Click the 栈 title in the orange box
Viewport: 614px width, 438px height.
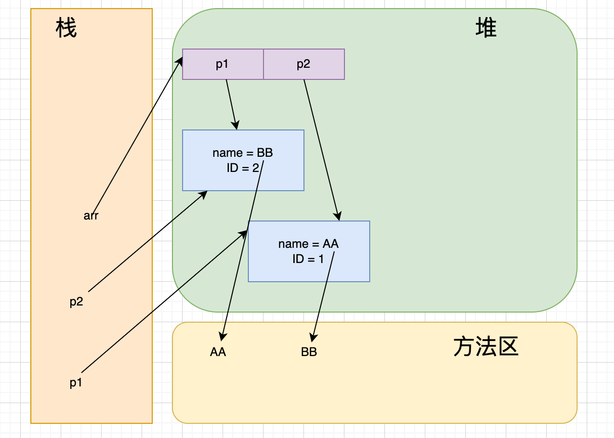(66, 29)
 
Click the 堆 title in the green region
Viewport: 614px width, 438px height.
(486, 29)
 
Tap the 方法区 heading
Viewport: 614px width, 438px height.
(486, 347)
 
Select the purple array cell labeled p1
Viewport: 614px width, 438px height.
(223, 64)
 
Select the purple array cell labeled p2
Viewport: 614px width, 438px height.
(303, 64)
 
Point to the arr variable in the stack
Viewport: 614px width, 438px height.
(91, 216)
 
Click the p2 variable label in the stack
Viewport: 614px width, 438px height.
(76, 302)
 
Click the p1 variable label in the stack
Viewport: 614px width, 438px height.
(76, 383)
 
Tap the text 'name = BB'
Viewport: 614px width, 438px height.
(243, 153)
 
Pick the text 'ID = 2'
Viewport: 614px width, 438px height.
(243, 168)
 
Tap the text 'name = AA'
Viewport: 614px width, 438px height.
(309, 244)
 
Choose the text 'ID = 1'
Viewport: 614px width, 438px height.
(308, 259)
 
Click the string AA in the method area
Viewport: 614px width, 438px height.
(218, 353)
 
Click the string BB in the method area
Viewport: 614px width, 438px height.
(309, 353)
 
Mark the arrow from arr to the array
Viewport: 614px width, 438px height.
(137, 137)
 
